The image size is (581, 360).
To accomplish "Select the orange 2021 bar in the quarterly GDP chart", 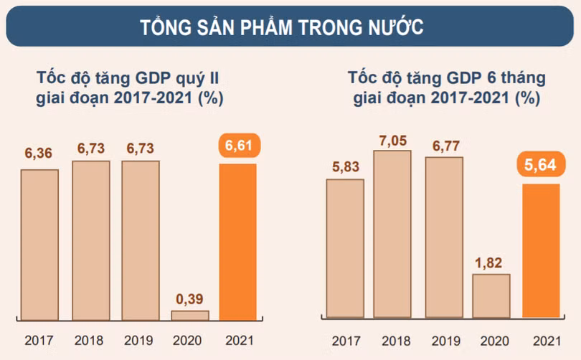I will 237,241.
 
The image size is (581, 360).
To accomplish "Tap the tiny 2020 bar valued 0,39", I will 189,315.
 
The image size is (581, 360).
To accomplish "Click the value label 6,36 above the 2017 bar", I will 39,154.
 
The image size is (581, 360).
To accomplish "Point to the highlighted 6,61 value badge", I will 237,146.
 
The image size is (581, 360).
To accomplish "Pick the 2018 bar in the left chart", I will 91,240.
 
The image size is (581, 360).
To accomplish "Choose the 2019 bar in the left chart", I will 141,240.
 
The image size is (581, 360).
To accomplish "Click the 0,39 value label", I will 189,297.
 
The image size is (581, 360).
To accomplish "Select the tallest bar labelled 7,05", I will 392,234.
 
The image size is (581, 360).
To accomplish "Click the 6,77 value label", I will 444,143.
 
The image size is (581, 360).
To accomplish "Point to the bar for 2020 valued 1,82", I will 491,295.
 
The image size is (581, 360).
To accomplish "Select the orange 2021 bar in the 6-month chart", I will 541,250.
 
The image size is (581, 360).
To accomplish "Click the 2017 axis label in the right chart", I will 344,341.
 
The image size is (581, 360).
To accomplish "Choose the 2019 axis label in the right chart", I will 444,341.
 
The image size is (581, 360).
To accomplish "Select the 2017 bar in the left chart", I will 39,244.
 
